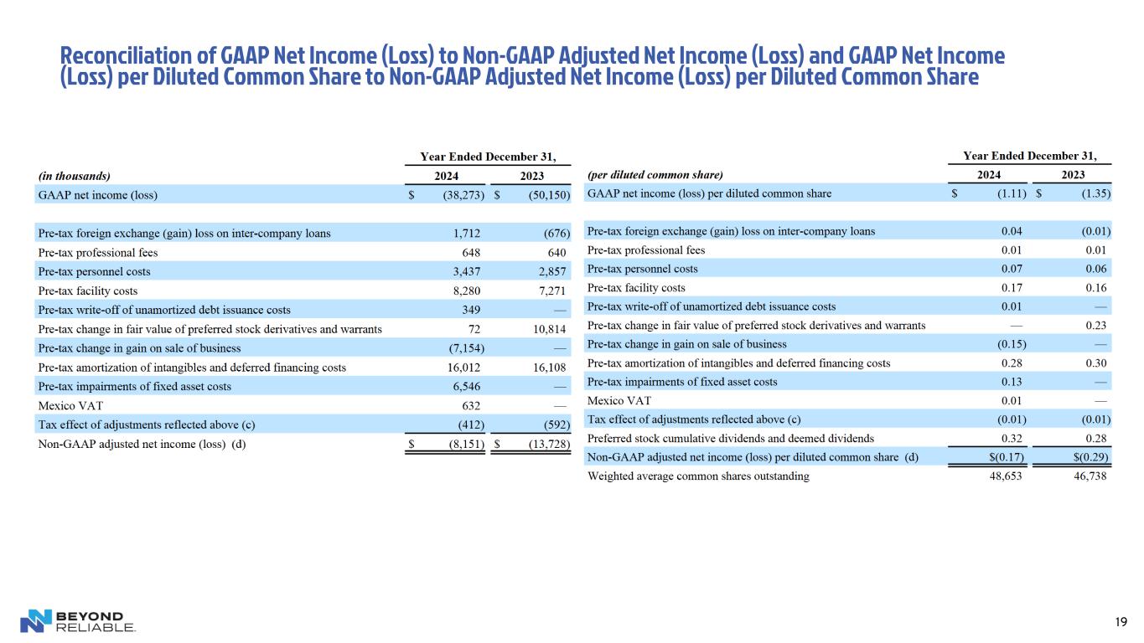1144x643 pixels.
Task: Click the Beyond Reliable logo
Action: pyautogui.click(x=77, y=620)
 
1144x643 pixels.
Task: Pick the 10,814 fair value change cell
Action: pyautogui.click(x=549, y=329)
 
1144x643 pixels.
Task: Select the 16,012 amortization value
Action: pyautogui.click(x=463, y=367)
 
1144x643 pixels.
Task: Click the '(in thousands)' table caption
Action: pyautogui.click(x=74, y=176)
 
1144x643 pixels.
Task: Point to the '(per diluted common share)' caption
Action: pyautogui.click(x=655, y=175)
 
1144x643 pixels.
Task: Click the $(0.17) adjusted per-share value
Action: pyautogui.click(x=1007, y=456)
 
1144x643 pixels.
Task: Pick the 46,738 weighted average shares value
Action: pyautogui.click(x=1090, y=476)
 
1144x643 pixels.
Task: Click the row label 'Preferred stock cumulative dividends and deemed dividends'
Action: pyautogui.click(x=730, y=437)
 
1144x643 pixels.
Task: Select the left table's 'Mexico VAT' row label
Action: pyautogui.click(x=70, y=405)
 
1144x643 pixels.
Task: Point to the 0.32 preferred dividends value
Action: pyautogui.click(x=1012, y=437)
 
